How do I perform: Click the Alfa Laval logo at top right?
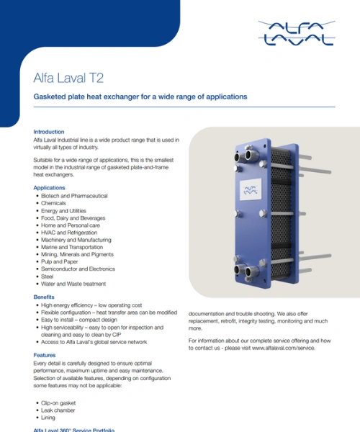pos(297,33)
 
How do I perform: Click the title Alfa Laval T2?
pos(68,78)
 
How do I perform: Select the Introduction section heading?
pos(49,132)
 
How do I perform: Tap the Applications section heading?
pos(49,188)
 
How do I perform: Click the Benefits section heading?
pos(44,297)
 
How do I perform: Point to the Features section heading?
pos(45,355)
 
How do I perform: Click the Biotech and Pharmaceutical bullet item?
pos(74,196)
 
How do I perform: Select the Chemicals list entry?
pos(53,203)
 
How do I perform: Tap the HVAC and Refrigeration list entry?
pos(69,233)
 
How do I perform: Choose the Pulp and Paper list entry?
pos(59,262)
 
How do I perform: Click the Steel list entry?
pos(47,276)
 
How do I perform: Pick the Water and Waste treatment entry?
pos(73,284)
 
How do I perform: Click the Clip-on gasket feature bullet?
pos(58,403)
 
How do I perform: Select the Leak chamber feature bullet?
pos(58,410)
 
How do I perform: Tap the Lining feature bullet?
pos(48,418)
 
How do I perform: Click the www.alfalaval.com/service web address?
pos(283,348)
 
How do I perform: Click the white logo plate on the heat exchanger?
pos(251,189)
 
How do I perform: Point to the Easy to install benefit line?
pos(79,320)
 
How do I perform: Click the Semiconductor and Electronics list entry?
pos(78,269)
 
